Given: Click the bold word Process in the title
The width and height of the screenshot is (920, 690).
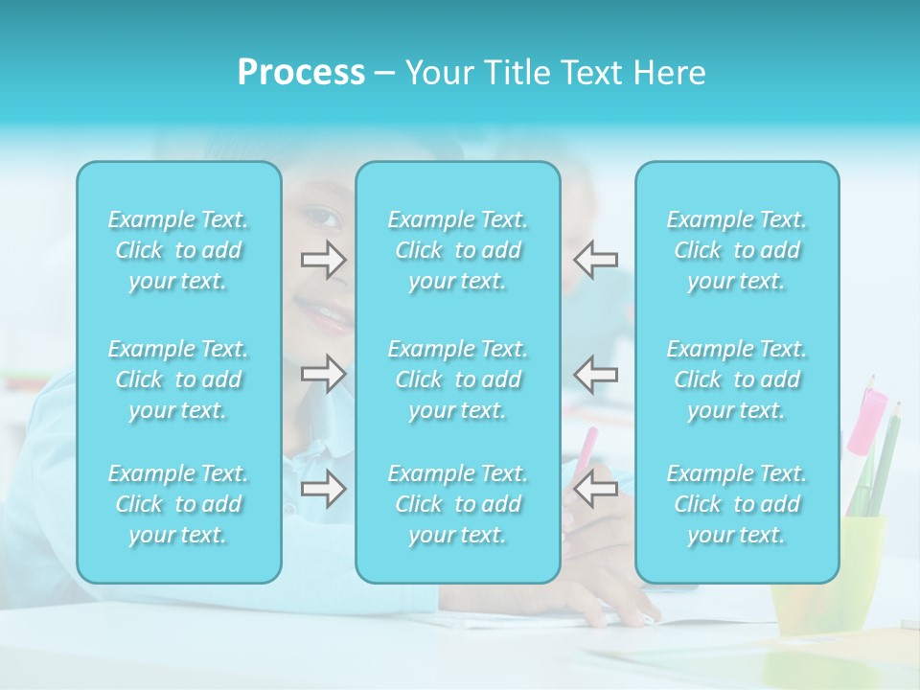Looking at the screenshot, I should pyautogui.click(x=301, y=73).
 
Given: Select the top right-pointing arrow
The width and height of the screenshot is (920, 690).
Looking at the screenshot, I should pyautogui.click(x=323, y=260).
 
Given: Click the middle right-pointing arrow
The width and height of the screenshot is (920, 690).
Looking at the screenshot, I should pyautogui.click(x=323, y=374).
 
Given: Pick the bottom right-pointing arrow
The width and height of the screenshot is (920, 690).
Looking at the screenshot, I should pyautogui.click(x=323, y=489).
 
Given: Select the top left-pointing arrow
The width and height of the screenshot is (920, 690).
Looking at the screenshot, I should pyautogui.click(x=596, y=260).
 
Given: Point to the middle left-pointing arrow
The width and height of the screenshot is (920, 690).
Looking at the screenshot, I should pyautogui.click(x=596, y=374).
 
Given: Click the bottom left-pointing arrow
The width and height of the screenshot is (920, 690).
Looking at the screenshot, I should pyautogui.click(x=596, y=489).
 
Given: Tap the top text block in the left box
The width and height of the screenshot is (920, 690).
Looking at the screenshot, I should pyautogui.click(x=178, y=250).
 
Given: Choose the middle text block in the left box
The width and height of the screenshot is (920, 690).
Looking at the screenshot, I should pyautogui.click(x=178, y=379).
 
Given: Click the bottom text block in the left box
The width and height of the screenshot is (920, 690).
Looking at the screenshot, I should pyautogui.click(x=178, y=504).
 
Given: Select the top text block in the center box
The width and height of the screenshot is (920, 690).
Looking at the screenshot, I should pyautogui.click(x=457, y=250).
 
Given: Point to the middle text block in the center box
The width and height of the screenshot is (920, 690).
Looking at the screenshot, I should pyautogui.click(x=457, y=379).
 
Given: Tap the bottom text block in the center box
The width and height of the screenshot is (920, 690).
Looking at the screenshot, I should pyautogui.click(x=457, y=504).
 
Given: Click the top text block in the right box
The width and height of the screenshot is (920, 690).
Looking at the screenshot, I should pyautogui.click(x=736, y=250).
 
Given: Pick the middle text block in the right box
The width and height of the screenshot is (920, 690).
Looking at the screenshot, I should pyautogui.click(x=736, y=379).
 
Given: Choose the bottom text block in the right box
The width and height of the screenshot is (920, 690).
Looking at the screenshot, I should pyautogui.click(x=736, y=504).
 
